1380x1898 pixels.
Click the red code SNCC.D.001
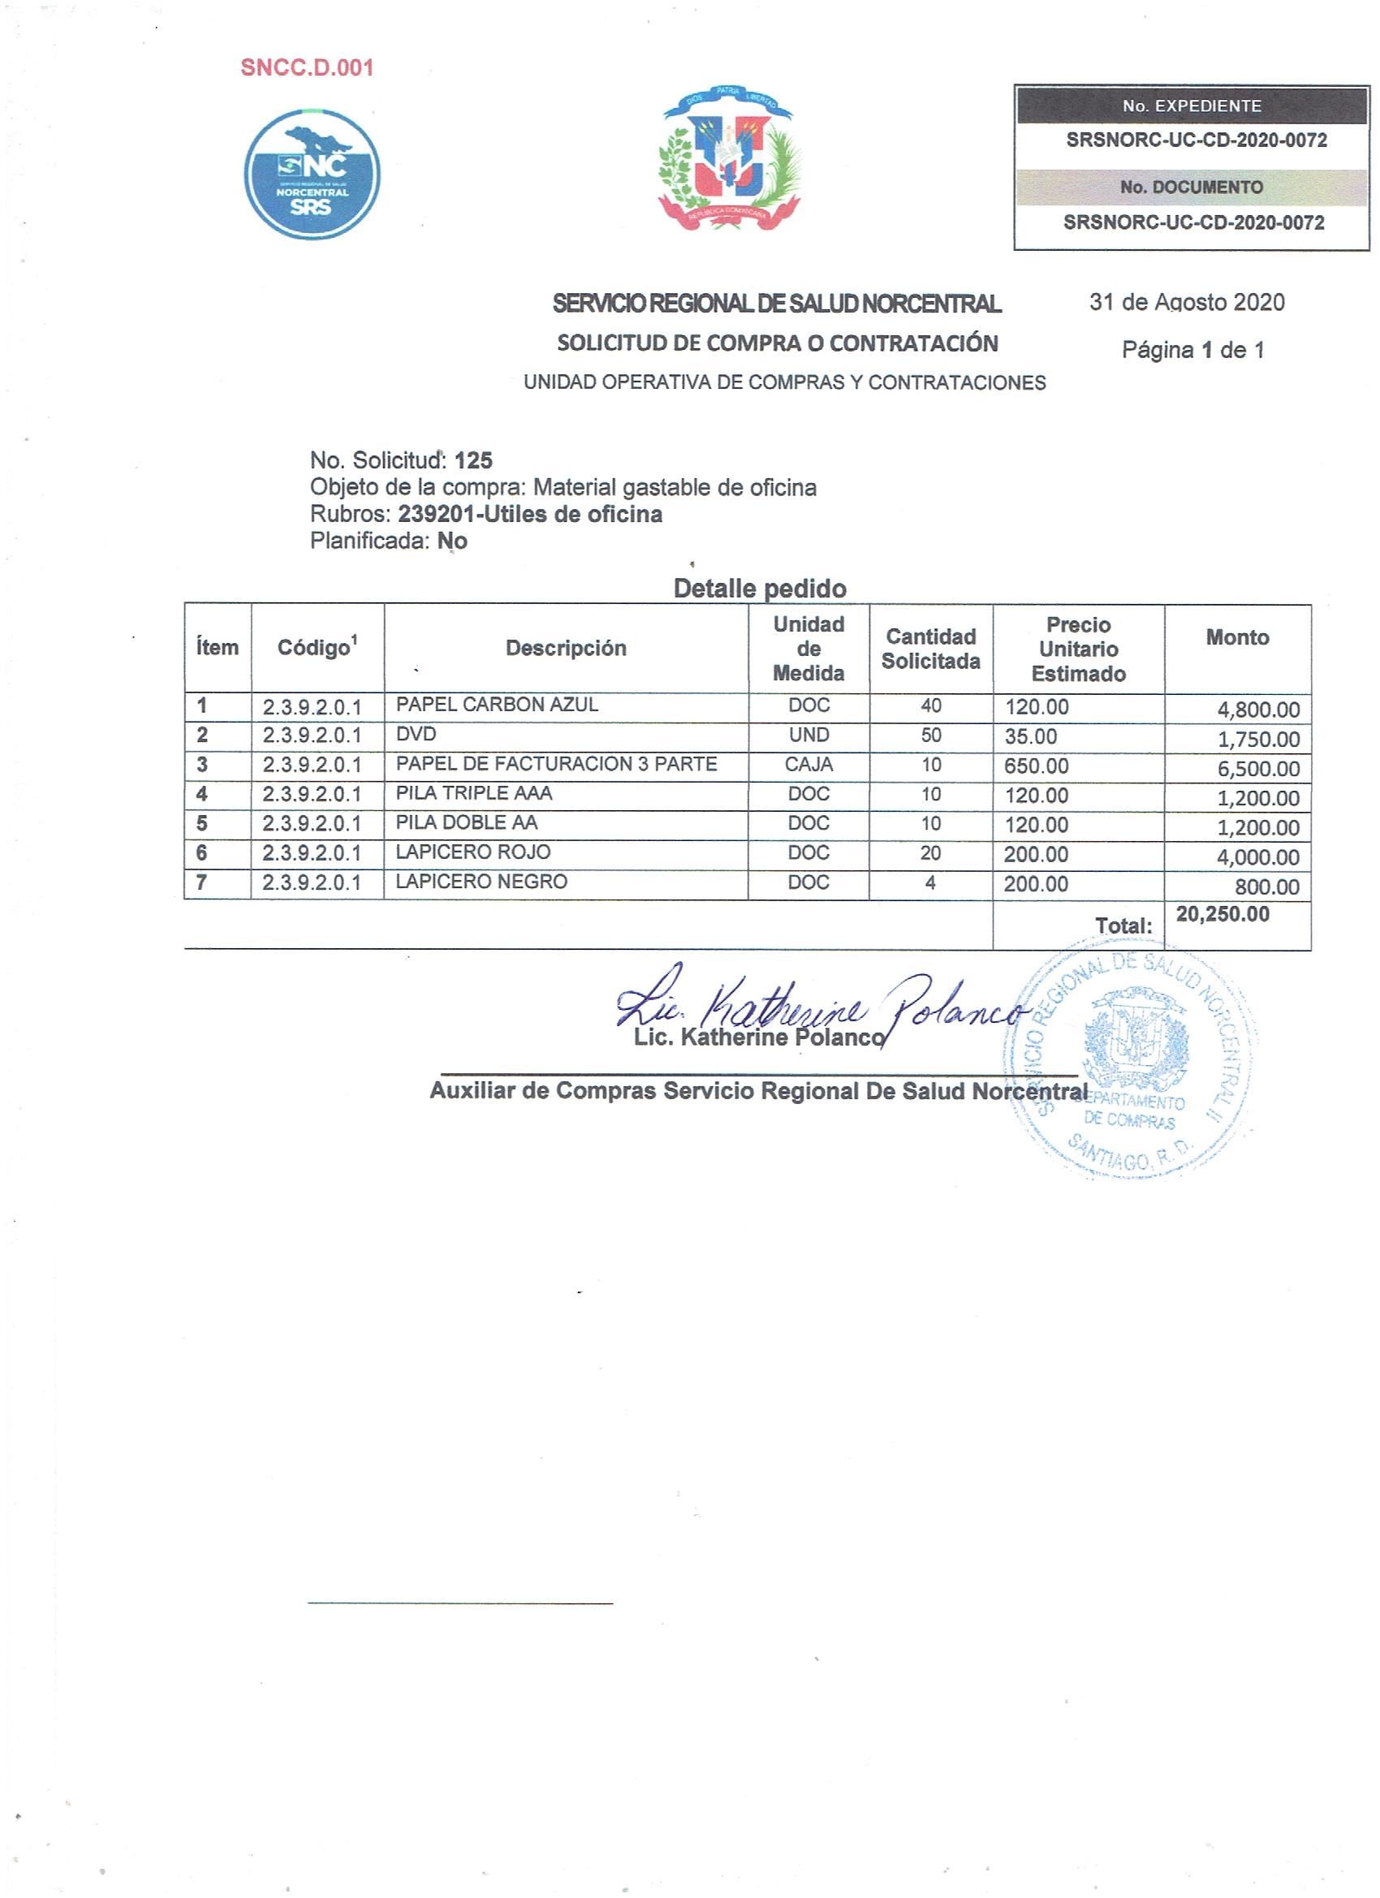pyautogui.click(x=306, y=68)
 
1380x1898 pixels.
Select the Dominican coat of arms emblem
pyautogui.click(x=729, y=159)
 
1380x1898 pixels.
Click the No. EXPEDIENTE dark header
pyautogui.click(x=1191, y=106)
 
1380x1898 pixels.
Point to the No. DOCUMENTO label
pyautogui.click(x=1191, y=188)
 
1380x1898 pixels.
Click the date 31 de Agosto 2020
pyautogui.click(x=1186, y=302)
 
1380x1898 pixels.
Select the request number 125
pyautogui.click(x=472, y=460)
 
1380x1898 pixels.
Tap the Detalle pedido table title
pyautogui.click(x=759, y=589)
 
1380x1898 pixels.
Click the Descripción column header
pyautogui.click(x=566, y=648)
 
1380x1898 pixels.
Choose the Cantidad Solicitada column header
pyautogui.click(x=929, y=649)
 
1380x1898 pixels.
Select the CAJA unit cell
pyautogui.click(x=809, y=764)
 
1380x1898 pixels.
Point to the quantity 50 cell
pyautogui.click(x=930, y=735)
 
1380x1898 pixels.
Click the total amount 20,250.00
pyautogui.click(x=1222, y=914)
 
